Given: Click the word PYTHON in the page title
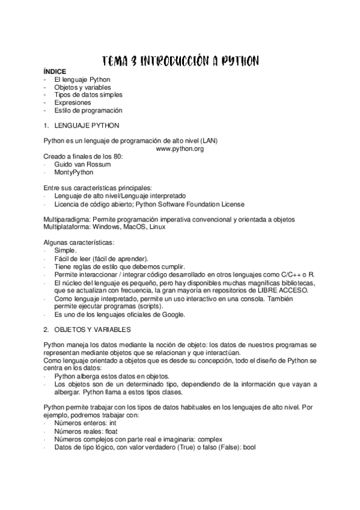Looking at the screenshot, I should pyautogui.click(x=239, y=61).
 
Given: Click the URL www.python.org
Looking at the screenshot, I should pyautogui.click(x=179, y=149).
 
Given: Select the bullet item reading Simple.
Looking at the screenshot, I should pyautogui.click(x=65, y=250).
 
